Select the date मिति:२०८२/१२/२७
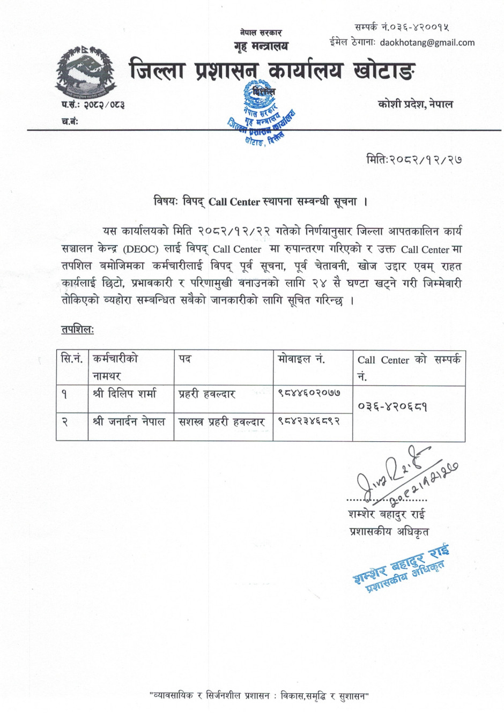(x=414, y=159)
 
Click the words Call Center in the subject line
(x=234, y=202)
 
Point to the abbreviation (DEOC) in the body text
(x=141, y=249)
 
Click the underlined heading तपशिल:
(x=78, y=329)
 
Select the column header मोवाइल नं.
(x=301, y=359)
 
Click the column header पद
(x=185, y=359)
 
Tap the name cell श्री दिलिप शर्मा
(x=124, y=394)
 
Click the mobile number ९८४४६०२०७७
(x=309, y=393)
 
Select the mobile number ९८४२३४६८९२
(x=309, y=421)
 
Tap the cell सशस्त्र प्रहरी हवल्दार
(x=221, y=422)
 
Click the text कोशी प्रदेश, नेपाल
(x=415, y=104)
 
